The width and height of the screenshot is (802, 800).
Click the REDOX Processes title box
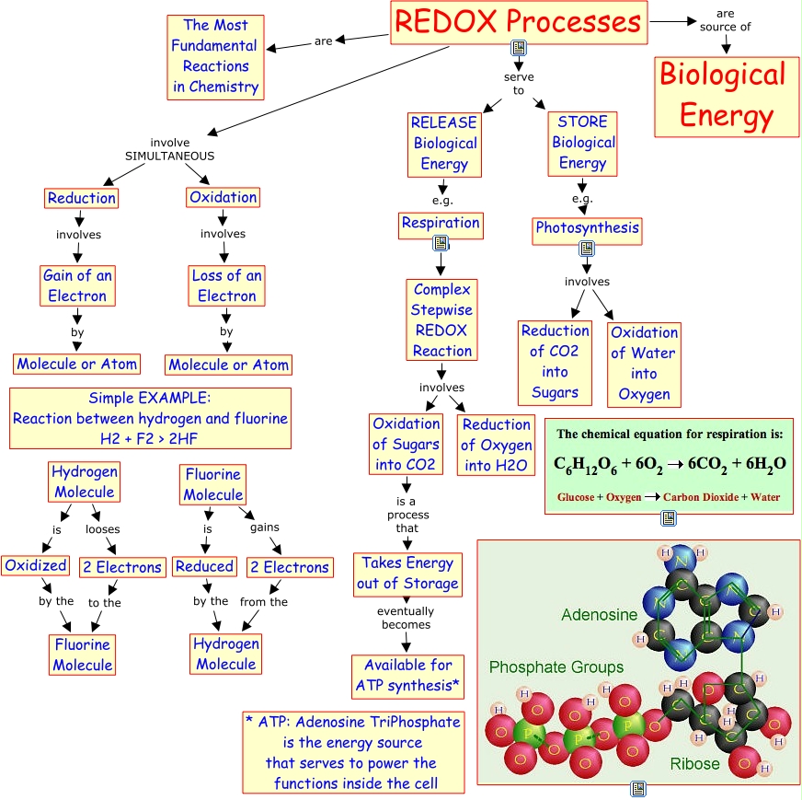[x=518, y=22]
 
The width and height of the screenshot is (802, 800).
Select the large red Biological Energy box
[x=723, y=96]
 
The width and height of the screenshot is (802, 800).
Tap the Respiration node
[x=441, y=223]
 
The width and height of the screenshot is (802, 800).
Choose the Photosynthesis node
[x=587, y=228]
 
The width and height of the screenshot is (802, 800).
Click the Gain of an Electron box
[x=77, y=285]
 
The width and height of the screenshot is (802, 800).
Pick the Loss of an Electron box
[x=226, y=285]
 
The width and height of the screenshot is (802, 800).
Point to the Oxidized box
[x=34, y=565]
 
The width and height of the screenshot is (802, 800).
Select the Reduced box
[x=204, y=566]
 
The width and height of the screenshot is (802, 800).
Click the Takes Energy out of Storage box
[x=408, y=573]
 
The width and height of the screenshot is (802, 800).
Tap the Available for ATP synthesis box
[x=408, y=676]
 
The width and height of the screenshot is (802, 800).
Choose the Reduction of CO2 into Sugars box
[x=555, y=362]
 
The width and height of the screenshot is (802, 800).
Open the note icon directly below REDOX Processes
[x=519, y=49]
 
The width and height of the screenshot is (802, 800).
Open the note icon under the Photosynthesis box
[x=587, y=249]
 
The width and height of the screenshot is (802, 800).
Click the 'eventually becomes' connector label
[x=405, y=618]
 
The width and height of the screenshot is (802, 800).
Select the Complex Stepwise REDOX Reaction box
[x=441, y=320]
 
